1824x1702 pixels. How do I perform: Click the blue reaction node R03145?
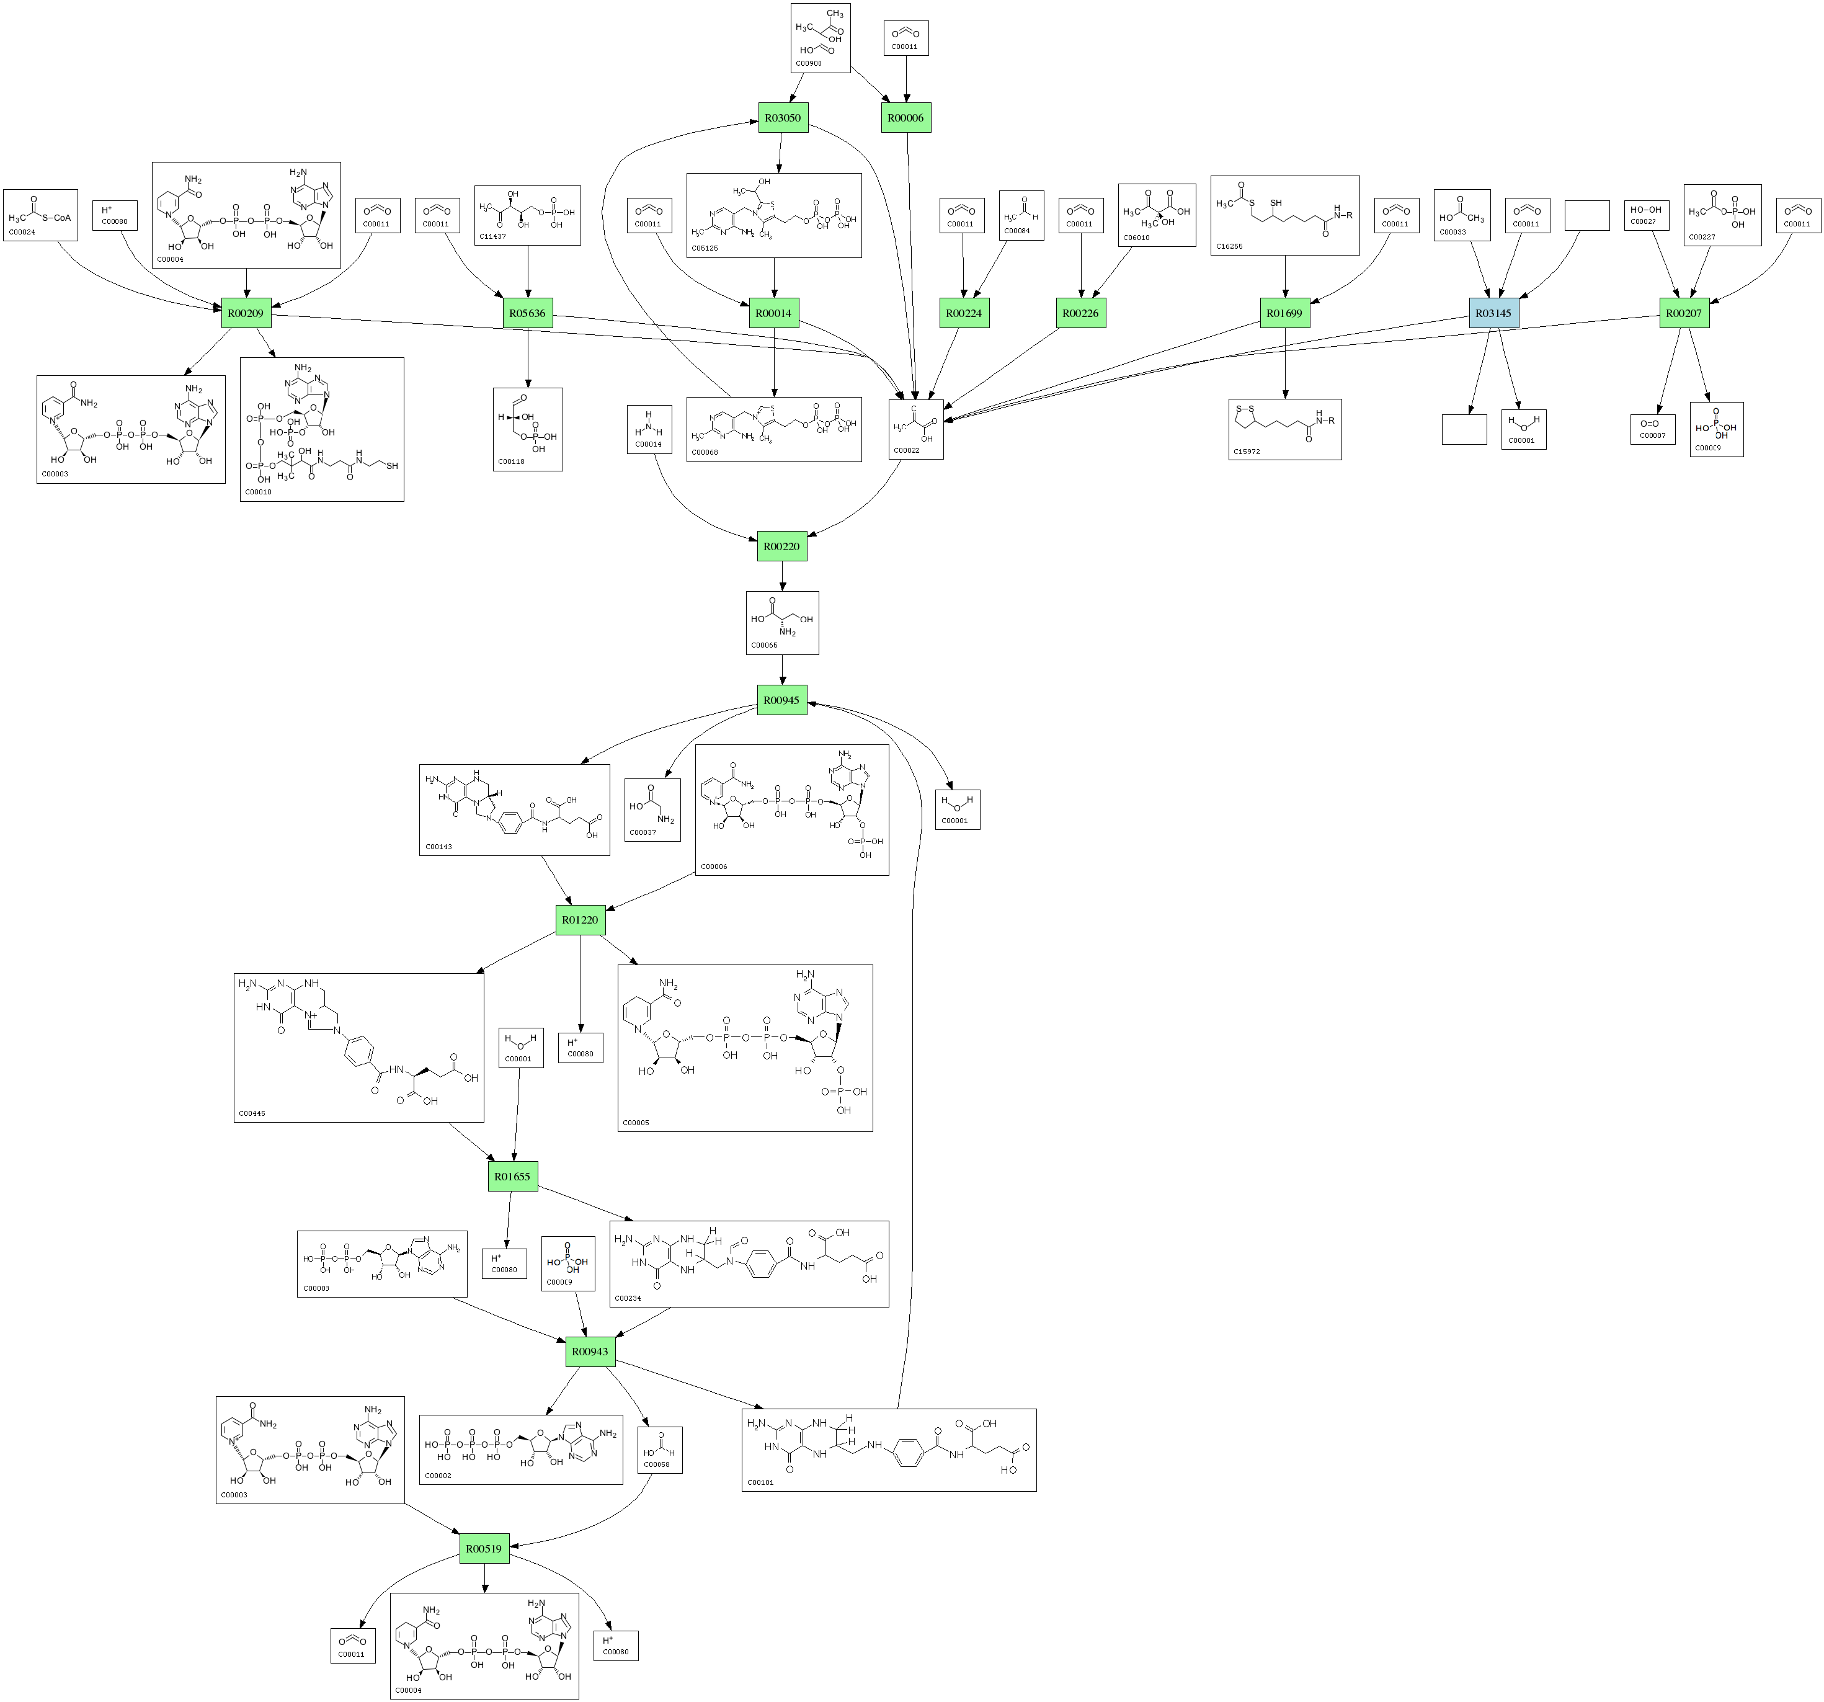tap(1493, 313)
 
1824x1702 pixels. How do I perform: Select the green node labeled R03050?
tap(783, 117)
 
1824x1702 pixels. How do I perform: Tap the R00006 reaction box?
tap(905, 117)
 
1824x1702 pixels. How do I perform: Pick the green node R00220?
tap(781, 546)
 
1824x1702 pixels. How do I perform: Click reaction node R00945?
tap(781, 700)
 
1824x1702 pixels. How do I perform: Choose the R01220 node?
tap(580, 919)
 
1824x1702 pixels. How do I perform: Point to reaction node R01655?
tap(512, 1176)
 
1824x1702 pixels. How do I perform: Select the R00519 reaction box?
tap(484, 1549)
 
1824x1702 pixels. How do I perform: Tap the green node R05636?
tap(528, 313)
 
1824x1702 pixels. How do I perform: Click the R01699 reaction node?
tap(1284, 313)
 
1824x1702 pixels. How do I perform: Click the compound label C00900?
tap(808, 63)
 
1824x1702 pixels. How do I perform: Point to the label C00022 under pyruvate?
tap(907, 450)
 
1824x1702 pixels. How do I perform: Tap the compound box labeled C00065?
tap(781, 622)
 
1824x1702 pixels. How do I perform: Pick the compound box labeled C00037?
tap(652, 809)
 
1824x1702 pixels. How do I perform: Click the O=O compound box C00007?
tap(1652, 429)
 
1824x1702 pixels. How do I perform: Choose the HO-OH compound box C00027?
tap(1646, 216)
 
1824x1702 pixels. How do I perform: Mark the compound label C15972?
tap(1247, 452)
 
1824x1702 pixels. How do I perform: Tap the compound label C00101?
tap(760, 1482)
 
